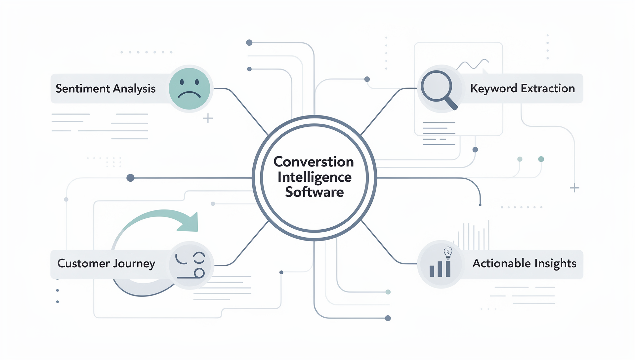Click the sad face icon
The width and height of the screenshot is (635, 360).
pyautogui.click(x=189, y=89)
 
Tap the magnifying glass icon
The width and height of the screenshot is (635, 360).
pyautogui.click(x=437, y=88)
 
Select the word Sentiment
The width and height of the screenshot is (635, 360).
pyautogui.click(x=83, y=89)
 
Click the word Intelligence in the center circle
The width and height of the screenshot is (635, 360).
pyautogui.click(x=314, y=177)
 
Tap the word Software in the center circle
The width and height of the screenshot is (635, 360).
pyautogui.click(x=314, y=192)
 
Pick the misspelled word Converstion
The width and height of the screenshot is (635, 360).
pyautogui.click(x=314, y=162)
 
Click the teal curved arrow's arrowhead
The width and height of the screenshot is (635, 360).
pyautogui.click(x=190, y=223)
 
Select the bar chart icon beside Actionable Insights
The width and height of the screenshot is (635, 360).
pyautogui.click(x=440, y=269)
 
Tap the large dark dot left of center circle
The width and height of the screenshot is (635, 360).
pyautogui.click(x=131, y=178)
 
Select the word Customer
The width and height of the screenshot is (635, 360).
pyautogui.click(x=83, y=263)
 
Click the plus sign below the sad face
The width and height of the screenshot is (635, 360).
pyautogui.click(x=208, y=118)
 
